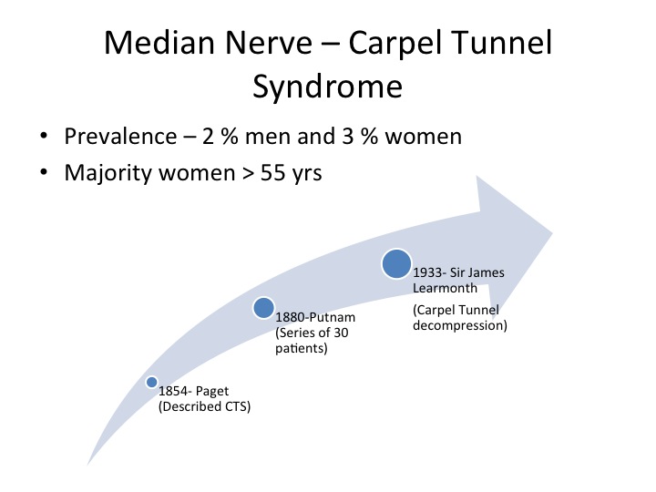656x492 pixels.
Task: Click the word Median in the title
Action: pyautogui.click(x=159, y=43)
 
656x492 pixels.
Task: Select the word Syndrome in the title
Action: pyautogui.click(x=328, y=87)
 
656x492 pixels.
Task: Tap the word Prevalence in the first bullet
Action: pyautogui.click(x=120, y=137)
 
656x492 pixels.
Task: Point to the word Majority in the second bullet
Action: pyautogui.click(x=108, y=173)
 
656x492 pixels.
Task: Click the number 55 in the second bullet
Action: pyautogui.click(x=272, y=173)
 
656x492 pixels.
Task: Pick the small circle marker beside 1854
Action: pyautogui.click(x=151, y=382)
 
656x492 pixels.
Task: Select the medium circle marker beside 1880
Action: pyautogui.click(x=263, y=308)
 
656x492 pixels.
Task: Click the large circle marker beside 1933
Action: pyautogui.click(x=396, y=263)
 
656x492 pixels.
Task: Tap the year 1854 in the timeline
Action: pyautogui.click(x=173, y=391)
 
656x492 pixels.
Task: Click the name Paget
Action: pyautogui.click(x=212, y=392)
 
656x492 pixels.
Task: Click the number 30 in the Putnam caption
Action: pyautogui.click(x=341, y=333)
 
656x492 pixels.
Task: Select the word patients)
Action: pyautogui.click(x=302, y=348)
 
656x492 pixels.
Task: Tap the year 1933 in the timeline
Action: pyautogui.click(x=427, y=272)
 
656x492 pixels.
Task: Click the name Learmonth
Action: pyautogui.click(x=445, y=288)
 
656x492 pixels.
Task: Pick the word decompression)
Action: pyautogui.click(x=460, y=325)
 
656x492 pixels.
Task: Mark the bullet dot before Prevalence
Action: pyautogui.click(x=44, y=136)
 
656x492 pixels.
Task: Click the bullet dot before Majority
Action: pyautogui.click(x=44, y=172)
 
